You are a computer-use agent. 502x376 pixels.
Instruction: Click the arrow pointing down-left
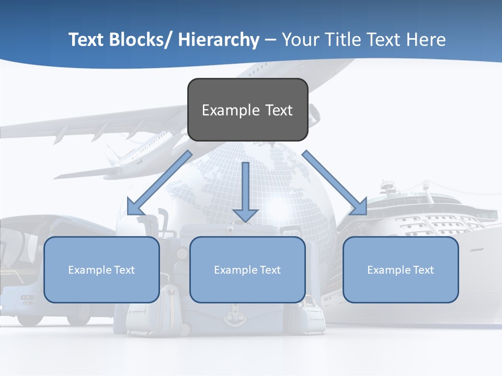(x=159, y=183)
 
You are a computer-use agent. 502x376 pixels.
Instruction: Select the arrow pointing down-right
(x=335, y=183)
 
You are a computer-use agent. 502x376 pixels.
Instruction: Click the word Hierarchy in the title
(x=219, y=40)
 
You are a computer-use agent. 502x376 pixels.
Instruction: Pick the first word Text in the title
(x=86, y=40)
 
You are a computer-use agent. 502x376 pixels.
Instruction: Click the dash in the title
(x=270, y=40)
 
